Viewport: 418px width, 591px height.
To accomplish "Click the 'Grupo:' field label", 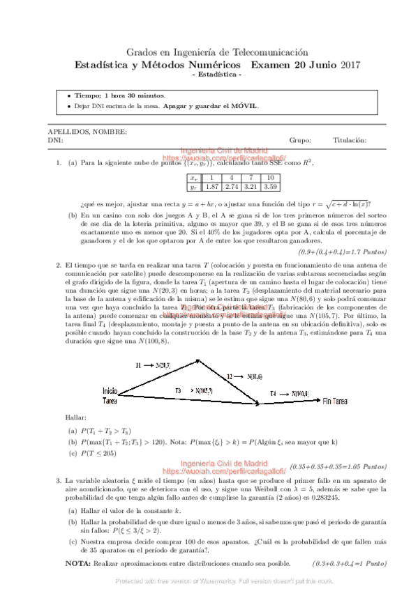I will tap(299, 140).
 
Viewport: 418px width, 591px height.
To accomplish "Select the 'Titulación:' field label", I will tap(350, 140).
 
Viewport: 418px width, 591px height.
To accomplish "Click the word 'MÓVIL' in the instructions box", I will tap(244, 106).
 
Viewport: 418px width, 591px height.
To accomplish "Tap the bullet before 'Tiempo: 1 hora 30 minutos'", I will tap(68, 95).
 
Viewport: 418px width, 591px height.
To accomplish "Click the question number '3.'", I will tap(59, 482).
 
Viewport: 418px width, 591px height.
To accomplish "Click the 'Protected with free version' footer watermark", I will tap(209, 580).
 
